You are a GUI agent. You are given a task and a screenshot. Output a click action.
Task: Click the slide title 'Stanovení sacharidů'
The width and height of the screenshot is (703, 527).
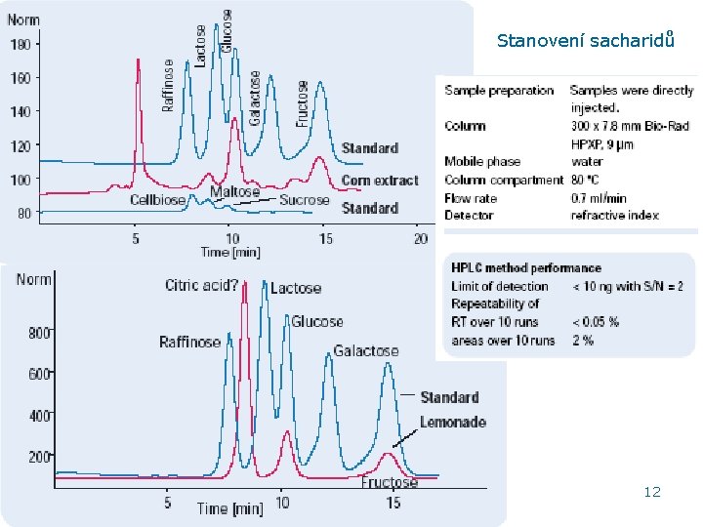coord(584,40)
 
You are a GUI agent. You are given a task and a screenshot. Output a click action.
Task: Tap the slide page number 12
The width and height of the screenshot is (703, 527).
coord(652,492)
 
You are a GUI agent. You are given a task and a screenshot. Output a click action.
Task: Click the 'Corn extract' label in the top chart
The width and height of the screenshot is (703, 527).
coord(380,181)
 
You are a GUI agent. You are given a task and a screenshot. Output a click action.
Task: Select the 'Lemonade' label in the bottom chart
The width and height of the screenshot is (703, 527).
coord(452,423)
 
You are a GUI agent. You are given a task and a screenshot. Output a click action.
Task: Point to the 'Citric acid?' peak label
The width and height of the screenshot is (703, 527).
coord(201,286)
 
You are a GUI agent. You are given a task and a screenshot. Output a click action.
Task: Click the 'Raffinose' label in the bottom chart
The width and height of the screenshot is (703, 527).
coord(189,342)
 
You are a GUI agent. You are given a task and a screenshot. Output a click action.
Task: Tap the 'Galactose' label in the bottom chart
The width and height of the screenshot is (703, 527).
coord(366,350)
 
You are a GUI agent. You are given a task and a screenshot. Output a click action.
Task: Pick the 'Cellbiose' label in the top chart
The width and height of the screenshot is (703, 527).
coord(158,200)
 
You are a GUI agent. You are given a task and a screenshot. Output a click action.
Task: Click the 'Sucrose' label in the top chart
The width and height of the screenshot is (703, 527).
coord(305,200)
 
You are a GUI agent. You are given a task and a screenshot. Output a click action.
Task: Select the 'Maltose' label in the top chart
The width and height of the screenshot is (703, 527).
coord(234,192)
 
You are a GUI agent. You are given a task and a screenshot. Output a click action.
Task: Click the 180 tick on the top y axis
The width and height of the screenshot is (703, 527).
coord(20,44)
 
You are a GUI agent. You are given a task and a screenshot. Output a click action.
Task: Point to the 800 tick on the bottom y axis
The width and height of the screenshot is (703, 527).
coord(39,333)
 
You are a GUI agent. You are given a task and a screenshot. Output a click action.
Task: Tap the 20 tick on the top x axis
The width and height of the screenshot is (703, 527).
coord(420,238)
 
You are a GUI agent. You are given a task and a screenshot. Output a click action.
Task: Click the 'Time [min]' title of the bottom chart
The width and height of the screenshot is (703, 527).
coord(229,508)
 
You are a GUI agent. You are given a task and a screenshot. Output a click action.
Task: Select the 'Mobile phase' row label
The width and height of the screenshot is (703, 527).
coord(482,161)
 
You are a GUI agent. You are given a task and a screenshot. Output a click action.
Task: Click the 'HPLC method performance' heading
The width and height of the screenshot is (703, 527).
coord(525,267)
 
